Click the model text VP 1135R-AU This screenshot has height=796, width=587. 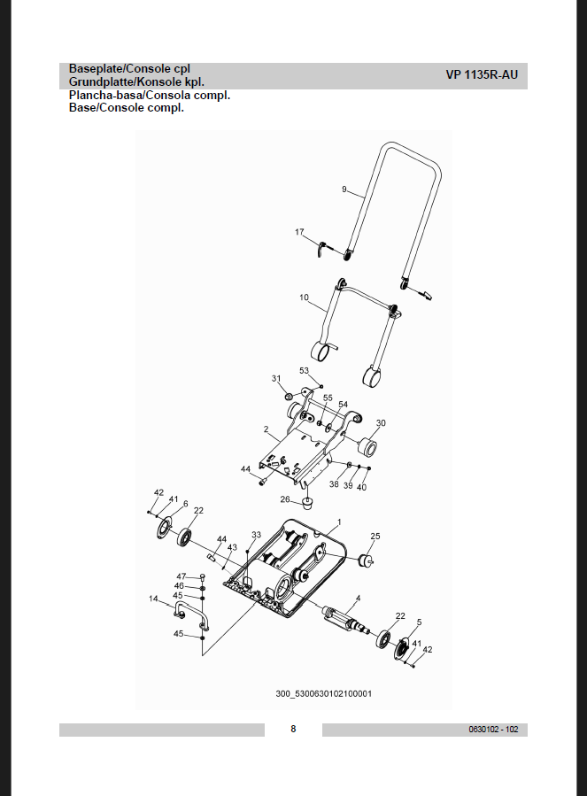482,75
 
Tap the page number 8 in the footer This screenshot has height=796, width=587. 293,729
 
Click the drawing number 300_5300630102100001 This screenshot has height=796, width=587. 324,692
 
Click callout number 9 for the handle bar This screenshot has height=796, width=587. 344,189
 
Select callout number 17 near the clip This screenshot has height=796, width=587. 300,232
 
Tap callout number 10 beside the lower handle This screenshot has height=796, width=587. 304,298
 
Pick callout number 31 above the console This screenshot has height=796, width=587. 276,378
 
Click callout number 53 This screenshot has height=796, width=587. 304,370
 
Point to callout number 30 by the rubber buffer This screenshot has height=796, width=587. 381,422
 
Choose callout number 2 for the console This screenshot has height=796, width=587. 266,429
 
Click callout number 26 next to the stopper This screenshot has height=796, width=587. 285,499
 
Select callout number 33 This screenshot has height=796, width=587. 256,535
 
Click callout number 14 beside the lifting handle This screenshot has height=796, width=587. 153,599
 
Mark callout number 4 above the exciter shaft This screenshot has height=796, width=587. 358,598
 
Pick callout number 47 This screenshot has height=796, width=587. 182,576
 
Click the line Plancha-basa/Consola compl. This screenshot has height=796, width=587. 149,95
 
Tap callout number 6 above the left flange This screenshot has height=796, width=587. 185,503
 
